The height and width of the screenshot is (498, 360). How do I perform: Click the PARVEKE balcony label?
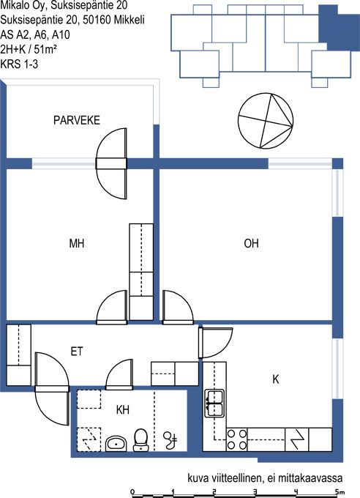(x=77, y=120)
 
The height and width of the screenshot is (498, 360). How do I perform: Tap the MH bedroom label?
(x=77, y=244)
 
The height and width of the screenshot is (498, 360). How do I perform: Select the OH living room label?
(x=251, y=244)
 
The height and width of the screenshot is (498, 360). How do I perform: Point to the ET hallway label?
(x=77, y=352)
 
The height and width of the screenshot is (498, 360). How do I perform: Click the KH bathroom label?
(x=122, y=410)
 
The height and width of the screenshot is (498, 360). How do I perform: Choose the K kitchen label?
(x=276, y=379)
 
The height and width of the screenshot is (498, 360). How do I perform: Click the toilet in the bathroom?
(x=140, y=440)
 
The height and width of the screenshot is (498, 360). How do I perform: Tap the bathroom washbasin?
(x=116, y=443)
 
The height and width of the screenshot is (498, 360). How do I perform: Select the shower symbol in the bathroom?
(x=170, y=439)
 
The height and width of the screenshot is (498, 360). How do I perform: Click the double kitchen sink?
(x=214, y=404)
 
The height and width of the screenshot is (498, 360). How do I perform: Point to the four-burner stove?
(x=237, y=439)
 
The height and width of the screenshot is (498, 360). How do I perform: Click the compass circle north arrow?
(x=266, y=121)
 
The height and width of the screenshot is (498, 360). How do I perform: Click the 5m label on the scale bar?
(x=340, y=492)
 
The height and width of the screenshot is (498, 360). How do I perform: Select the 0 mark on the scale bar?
(x=132, y=492)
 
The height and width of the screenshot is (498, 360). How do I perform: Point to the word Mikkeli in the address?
(x=130, y=20)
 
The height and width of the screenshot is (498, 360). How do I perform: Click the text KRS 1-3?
(x=19, y=64)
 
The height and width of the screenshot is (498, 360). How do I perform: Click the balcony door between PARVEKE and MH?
(x=111, y=163)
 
